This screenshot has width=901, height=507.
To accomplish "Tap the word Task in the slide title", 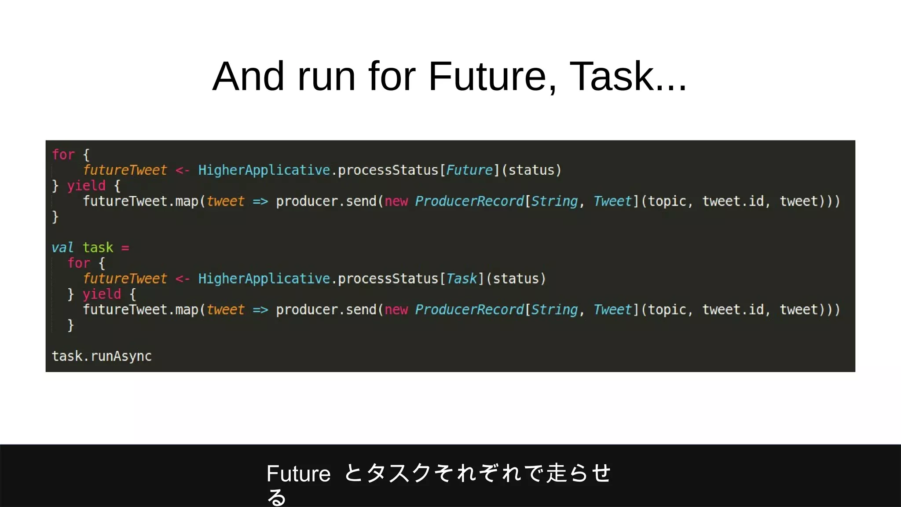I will [612, 77].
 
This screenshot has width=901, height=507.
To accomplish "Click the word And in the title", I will [248, 77].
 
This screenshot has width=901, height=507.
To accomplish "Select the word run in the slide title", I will [326, 77].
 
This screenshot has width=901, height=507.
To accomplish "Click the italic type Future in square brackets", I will [469, 170].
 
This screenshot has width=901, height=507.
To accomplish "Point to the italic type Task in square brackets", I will [461, 279].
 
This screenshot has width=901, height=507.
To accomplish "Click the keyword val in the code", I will [62, 248].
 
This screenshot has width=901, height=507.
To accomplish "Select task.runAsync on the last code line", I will [102, 356].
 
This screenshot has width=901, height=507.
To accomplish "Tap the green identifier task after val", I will [98, 248].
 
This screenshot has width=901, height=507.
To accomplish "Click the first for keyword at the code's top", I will [63, 155].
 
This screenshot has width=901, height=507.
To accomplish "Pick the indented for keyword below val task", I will [79, 263].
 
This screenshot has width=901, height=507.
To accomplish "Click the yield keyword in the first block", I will [86, 186].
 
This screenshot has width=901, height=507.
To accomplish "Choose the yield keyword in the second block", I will [102, 294].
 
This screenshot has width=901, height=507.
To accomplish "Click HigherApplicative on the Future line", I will [264, 170].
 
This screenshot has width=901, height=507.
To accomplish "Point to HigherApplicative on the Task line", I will [264, 279].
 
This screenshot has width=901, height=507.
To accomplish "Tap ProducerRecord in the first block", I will [469, 202].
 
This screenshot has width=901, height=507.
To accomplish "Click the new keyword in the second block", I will [396, 310].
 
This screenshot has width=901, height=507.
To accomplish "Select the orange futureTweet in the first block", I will [125, 170].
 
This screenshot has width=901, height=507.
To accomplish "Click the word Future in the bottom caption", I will [298, 474].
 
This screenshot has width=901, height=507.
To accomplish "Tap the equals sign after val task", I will [125, 248].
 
